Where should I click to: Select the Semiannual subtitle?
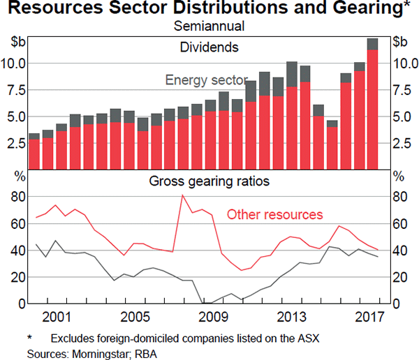[x=209, y=27]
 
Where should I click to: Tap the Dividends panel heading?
[x=209, y=47]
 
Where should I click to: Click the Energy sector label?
[x=206, y=80]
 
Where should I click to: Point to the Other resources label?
[x=275, y=214]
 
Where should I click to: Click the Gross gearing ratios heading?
[x=209, y=182]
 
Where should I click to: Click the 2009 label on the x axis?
[x=209, y=318]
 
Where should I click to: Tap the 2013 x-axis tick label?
[x=288, y=318]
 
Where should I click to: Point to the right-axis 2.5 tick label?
[x=404, y=144]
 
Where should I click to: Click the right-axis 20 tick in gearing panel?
[x=400, y=277]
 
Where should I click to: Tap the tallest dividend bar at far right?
[x=372, y=105]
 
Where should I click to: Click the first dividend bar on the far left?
[x=34, y=152]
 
